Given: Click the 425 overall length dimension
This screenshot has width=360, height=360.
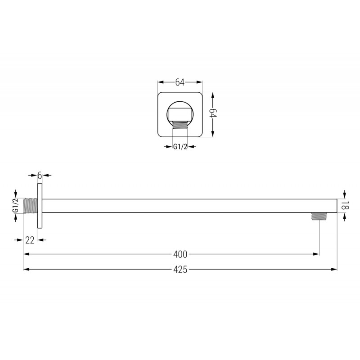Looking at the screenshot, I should pyautogui.click(x=180, y=270).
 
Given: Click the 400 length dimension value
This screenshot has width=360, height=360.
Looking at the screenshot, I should pyautogui.click(x=180, y=254).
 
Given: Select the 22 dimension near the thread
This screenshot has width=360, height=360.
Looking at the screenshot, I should pyautogui.click(x=30, y=240).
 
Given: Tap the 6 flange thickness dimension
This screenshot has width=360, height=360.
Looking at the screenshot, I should pyautogui.click(x=40, y=175).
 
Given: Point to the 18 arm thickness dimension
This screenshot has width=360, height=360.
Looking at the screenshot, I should pyautogui.click(x=345, y=206).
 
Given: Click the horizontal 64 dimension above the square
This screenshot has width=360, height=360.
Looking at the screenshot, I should pyautogui.click(x=180, y=82).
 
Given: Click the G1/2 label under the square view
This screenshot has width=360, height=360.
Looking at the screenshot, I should pyautogui.click(x=180, y=146).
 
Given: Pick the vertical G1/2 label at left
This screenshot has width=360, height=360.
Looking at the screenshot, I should pyautogui.click(x=15, y=206).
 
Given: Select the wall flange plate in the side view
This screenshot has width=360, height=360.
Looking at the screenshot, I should pyautogui.click(x=40, y=206).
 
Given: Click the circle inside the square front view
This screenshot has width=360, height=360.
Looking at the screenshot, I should pyautogui.click(x=180, y=112).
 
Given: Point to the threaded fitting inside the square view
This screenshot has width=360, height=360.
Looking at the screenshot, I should pyautogui.click(x=180, y=125).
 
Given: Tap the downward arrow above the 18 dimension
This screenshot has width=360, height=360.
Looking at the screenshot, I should pyautogui.click(x=345, y=195).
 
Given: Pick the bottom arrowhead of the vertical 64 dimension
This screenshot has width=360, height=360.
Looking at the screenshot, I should pyautogui.click(x=214, y=135).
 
